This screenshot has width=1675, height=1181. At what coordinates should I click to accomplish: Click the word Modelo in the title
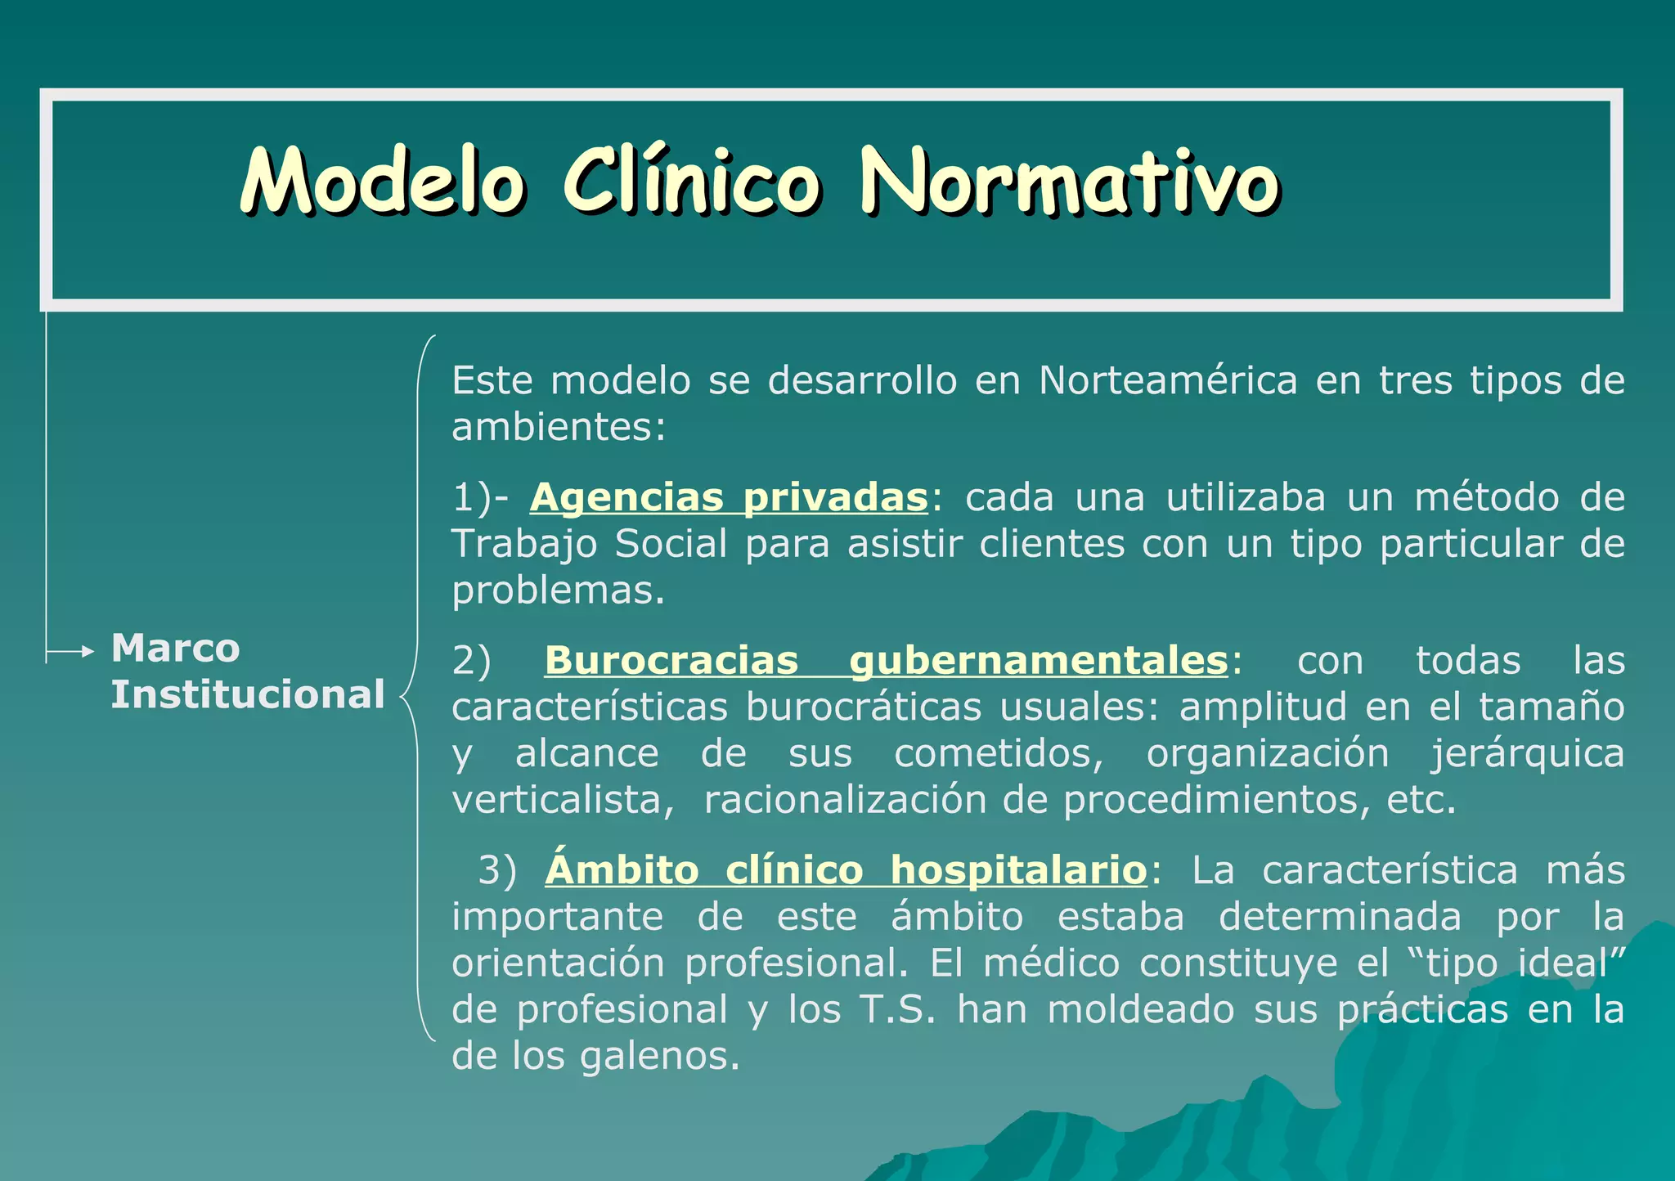(x=382, y=182)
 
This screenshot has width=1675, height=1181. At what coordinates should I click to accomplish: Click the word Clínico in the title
(x=691, y=182)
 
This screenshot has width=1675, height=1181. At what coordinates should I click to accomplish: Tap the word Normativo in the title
(x=1070, y=182)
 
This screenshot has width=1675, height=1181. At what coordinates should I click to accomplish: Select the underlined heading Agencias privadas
(x=729, y=497)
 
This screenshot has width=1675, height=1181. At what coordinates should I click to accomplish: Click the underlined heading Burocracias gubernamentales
(x=886, y=660)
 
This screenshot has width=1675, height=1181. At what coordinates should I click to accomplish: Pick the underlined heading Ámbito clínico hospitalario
(x=846, y=869)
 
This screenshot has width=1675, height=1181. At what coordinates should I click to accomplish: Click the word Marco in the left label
(x=175, y=649)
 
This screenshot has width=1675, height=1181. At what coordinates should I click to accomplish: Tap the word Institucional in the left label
(x=247, y=694)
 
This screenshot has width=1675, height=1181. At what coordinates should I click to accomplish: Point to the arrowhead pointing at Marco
(x=88, y=652)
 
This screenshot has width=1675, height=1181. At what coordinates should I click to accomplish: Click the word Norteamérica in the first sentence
(x=1167, y=380)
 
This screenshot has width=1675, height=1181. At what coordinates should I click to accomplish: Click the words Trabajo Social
(x=589, y=544)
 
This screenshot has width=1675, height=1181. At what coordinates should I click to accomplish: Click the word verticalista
(x=562, y=800)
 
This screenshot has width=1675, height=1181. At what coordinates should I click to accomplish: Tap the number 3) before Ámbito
(x=497, y=870)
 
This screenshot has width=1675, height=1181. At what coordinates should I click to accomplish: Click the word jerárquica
(x=1526, y=753)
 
